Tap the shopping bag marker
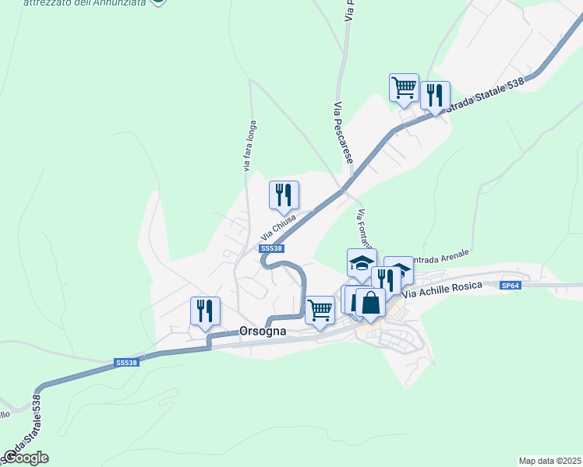(x=370, y=302)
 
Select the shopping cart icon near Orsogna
(x=320, y=311)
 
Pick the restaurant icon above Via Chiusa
(x=284, y=195)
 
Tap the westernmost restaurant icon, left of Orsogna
(x=205, y=311)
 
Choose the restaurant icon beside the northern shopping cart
(x=435, y=95)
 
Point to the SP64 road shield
(x=511, y=286)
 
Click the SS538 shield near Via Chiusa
(x=271, y=248)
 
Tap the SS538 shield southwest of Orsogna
(x=125, y=363)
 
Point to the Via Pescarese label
(x=343, y=132)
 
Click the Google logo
(x=26, y=458)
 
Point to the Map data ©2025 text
(x=549, y=460)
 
